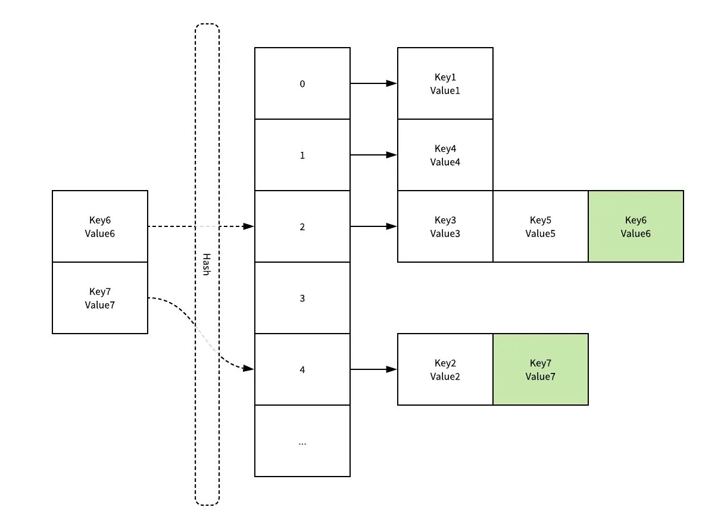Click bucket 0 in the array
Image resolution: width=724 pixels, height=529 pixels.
click(x=302, y=83)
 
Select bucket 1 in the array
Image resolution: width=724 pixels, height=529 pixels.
click(x=302, y=155)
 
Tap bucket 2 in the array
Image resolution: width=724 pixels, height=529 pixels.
click(x=302, y=226)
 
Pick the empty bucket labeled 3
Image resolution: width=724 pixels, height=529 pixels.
click(x=302, y=298)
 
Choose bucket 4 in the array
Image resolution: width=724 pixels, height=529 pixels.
click(x=302, y=369)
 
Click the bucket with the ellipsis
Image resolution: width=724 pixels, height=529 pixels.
click(x=302, y=441)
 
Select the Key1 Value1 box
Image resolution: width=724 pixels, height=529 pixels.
click(x=445, y=83)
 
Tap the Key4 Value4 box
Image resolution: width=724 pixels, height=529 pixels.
click(x=445, y=155)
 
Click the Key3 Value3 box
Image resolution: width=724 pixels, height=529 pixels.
click(x=445, y=226)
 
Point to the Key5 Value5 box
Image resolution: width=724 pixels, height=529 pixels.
click(x=540, y=226)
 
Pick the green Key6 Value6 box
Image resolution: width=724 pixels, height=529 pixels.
click(x=635, y=226)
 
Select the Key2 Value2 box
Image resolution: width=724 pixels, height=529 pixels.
click(x=445, y=369)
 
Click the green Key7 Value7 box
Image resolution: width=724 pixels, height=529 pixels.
click(x=540, y=369)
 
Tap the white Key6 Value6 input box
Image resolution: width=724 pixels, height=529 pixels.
click(x=99, y=226)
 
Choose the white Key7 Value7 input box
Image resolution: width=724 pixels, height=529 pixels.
click(x=99, y=298)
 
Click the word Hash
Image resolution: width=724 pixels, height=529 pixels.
click(x=206, y=264)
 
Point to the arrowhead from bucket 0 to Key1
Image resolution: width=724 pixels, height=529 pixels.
click(x=392, y=83)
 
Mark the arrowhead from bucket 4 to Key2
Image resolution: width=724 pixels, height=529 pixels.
click(x=392, y=369)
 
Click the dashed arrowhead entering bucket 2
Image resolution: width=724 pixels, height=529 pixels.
click(x=249, y=226)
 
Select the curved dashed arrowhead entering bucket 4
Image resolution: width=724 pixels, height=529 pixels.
click(x=249, y=369)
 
